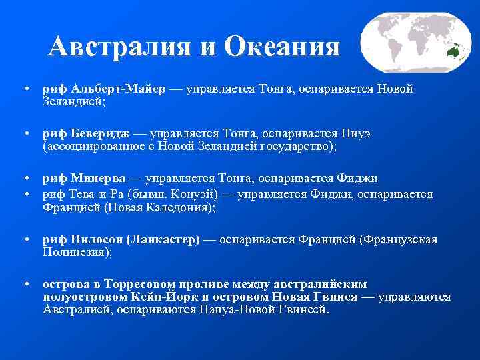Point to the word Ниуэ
tap(355, 133)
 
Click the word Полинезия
tap(74, 253)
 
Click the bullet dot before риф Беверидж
tap(25, 133)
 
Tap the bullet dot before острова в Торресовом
tap(25, 284)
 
